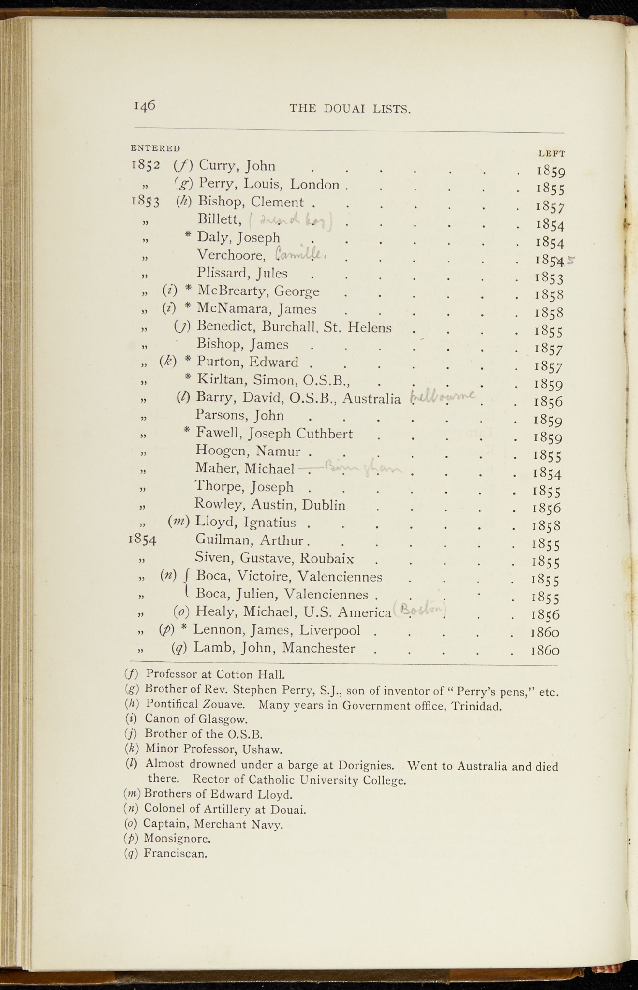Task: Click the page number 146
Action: tap(144, 105)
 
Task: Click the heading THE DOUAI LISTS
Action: tap(350, 109)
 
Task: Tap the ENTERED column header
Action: tap(155, 148)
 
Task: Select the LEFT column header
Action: tap(551, 154)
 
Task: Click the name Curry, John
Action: tap(237, 166)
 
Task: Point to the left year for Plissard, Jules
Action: tap(549, 278)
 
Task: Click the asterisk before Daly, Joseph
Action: tap(188, 236)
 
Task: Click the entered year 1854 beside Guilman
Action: tap(142, 539)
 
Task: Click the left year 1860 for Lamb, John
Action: tap(545, 650)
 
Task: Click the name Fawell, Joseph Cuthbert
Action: tap(274, 434)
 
